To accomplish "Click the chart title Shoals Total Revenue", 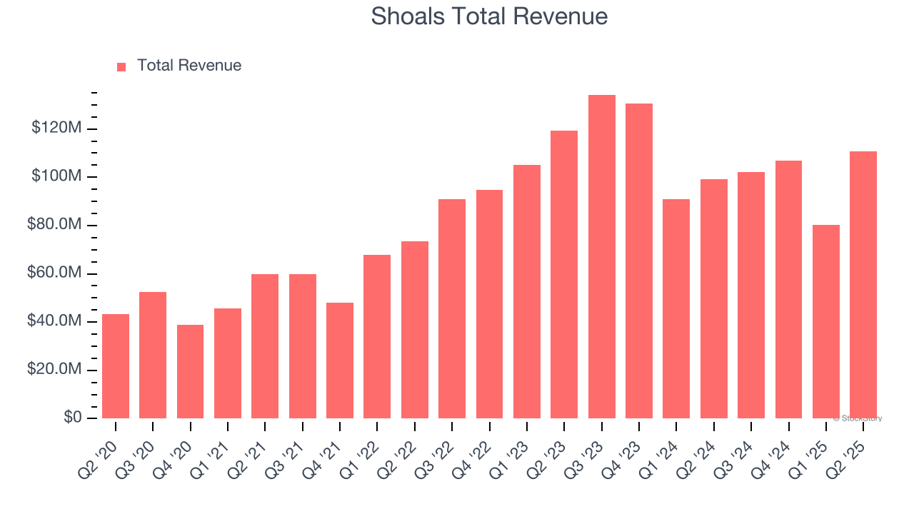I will click(x=489, y=16).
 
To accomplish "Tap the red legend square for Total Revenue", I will click(x=121, y=66).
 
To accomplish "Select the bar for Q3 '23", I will click(x=601, y=256).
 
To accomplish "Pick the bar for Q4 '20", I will click(x=190, y=371).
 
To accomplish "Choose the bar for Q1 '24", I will click(x=676, y=308).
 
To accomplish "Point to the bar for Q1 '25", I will click(x=825, y=321).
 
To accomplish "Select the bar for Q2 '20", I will click(x=116, y=366).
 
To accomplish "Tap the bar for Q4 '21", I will click(x=340, y=360).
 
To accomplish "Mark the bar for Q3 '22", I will click(x=452, y=308).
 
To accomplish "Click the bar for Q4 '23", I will click(x=639, y=261).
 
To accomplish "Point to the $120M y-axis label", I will click(x=56, y=128).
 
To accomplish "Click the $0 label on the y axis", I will click(x=72, y=418).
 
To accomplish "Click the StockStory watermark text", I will click(x=858, y=418).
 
